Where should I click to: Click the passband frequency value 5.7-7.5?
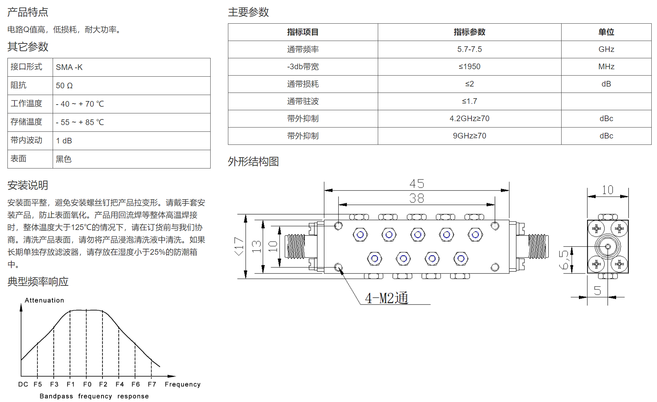(x=469, y=49)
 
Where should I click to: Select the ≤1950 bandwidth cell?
(x=469, y=66)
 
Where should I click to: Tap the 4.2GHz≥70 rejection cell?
(x=469, y=118)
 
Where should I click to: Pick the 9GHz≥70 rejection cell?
(x=469, y=136)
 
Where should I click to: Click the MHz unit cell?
(x=606, y=66)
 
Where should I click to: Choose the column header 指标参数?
(x=469, y=32)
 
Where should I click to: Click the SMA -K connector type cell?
(x=69, y=67)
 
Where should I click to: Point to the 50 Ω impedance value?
(x=64, y=85)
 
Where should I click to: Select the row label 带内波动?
(x=27, y=140)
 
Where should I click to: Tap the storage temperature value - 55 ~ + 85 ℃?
(x=80, y=122)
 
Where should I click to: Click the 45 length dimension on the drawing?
(x=417, y=184)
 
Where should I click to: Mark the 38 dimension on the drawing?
(x=417, y=198)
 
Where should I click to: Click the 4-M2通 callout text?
(x=387, y=298)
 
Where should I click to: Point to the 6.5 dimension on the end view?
(x=564, y=260)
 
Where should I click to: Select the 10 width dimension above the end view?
(x=608, y=190)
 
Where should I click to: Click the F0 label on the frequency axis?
(x=87, y=384)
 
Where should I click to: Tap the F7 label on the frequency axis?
(x=152, y=384)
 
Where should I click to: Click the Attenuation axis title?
(x=45, y=300)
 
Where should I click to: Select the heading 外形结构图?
(x=253, y=161)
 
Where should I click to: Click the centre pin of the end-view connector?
(x=608, y=247)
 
